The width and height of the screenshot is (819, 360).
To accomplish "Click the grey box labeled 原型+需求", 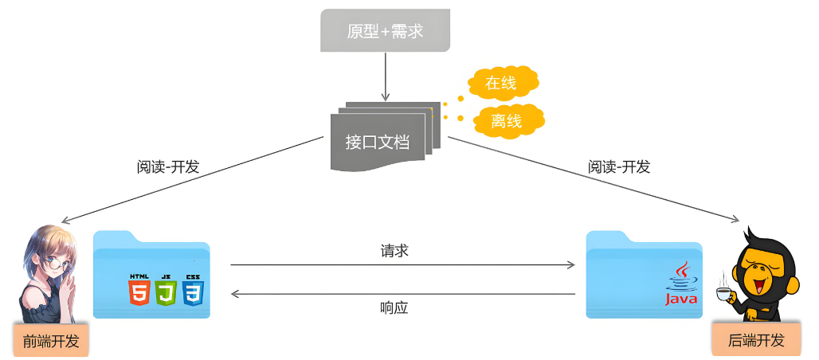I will pos(386,31).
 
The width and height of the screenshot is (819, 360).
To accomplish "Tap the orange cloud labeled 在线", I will pos(502,83).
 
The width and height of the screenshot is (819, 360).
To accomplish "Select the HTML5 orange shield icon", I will pos(139,292).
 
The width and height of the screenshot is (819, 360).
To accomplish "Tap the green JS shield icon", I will pos(165,292).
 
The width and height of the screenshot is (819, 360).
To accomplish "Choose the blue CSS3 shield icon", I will pos(192,292).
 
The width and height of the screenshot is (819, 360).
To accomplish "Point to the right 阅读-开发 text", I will pos(619,167).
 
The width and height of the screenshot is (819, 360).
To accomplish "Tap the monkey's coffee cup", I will pos(723,295).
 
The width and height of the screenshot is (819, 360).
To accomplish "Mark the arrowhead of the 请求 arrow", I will pos(572,265).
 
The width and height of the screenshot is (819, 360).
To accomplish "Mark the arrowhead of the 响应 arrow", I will pos(235,294).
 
